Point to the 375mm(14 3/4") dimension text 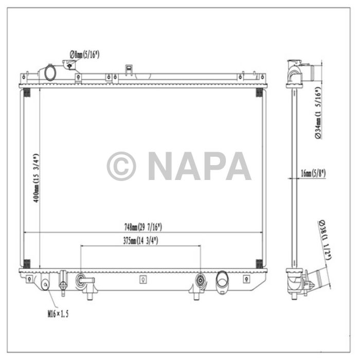140,240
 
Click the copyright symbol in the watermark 121,166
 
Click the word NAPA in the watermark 199,166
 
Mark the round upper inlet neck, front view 50,73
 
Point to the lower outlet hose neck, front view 223,281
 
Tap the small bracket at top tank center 128,68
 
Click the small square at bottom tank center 142,280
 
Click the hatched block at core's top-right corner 259,93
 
